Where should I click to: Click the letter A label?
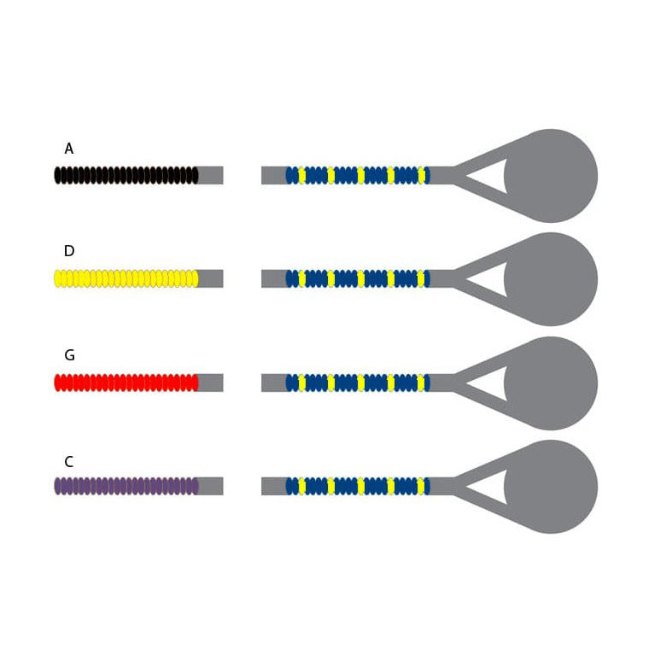pyautogui.click(x=68, y=149)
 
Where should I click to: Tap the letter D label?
pyautogui.click(x=69, y=251)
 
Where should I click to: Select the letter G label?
pyautogui.click(x=69, y=355)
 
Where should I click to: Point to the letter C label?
pyautogui.click(x=68, y=461)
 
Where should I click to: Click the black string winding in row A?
pyautogui.click(x=126, y=175)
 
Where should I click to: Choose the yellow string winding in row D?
pyautogui.click(x=126, y=278)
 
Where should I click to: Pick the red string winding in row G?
pyautogui.click(x=126, y=383)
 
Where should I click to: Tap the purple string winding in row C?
pyautogui.click(x=126, y=486)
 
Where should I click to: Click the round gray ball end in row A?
pyautogui.click(x=551, y=176)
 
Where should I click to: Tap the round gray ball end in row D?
pyautogui.click(x=551, y=279)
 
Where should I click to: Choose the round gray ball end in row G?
pyautogui.click(x=551, y=383)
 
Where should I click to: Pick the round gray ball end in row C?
pyautogui.click(x=551, y=487)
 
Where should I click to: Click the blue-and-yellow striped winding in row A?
pyautogui.click(x=358, y=175)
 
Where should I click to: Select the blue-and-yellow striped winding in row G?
pyautogui.click(x=358, y=383)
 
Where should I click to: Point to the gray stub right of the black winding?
pyautogui.click(x=211, y=175)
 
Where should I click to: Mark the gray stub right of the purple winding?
pyautogui.click(x=211, y=486)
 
